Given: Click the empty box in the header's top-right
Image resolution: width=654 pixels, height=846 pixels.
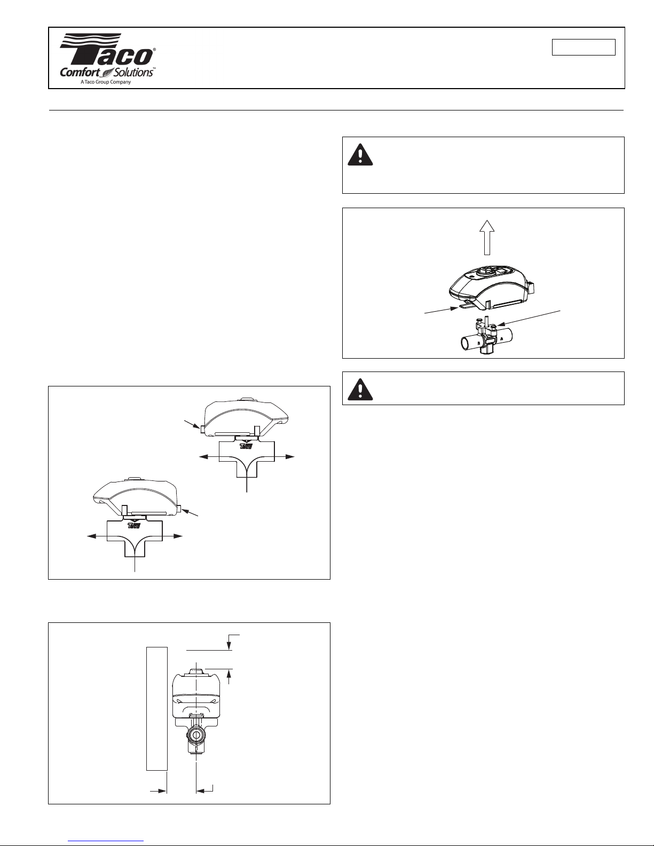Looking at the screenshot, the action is point(583,47).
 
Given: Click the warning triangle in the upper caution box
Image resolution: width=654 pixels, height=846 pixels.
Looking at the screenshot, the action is point(361,155).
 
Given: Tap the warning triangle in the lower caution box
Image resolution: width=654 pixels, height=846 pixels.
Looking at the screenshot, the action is point(361,389).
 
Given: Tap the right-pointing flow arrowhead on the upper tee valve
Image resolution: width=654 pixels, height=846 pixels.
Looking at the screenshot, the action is point(290,457).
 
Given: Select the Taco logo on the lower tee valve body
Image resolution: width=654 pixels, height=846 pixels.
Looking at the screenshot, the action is point(134,526).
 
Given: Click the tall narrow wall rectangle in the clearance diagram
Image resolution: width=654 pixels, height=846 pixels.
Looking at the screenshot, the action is point(157,708).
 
